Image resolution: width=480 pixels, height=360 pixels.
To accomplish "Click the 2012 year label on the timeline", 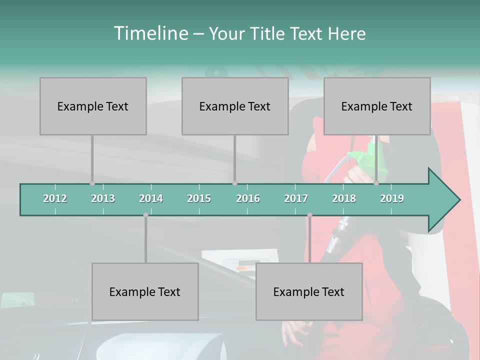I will click(55, 198).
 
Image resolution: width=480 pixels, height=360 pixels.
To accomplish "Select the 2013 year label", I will click(103, 198).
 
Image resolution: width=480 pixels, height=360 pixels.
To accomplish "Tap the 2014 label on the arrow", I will click(151, 198).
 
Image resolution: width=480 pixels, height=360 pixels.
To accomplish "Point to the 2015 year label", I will click(199, 198).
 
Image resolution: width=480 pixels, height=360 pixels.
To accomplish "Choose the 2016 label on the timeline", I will click(248, 198).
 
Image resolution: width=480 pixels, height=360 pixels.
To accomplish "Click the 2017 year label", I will click(296, 198).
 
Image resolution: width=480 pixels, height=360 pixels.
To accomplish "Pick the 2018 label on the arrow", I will click(344, 198).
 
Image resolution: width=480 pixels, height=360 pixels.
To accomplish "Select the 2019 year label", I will click(392, 198).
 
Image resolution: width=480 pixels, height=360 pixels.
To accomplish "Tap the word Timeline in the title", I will click(150, 33).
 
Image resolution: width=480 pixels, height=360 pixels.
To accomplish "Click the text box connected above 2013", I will click(93, 106).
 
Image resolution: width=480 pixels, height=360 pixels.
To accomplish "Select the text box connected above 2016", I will click(235, 106).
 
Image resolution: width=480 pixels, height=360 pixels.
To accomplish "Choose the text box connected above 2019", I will click(377, 106).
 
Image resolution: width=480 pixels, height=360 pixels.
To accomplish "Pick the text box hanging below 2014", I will click(145, 291).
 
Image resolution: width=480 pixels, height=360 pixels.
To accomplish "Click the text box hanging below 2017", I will click(309, 291).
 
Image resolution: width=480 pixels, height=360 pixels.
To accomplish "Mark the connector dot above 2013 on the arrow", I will click(92, 183).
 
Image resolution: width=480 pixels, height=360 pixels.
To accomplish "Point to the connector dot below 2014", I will click(145, 215).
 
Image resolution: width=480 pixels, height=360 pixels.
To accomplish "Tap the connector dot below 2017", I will click(309, 215).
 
